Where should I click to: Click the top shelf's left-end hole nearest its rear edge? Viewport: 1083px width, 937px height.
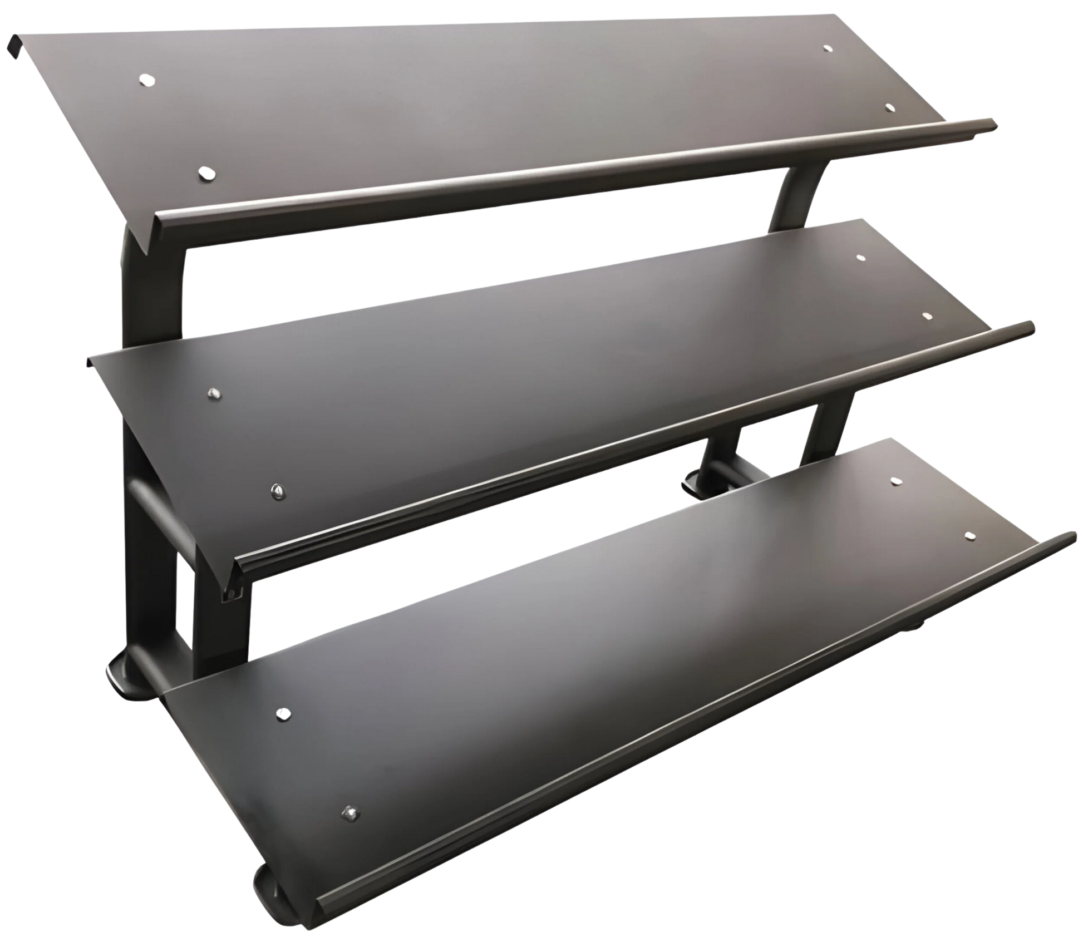(146, 80)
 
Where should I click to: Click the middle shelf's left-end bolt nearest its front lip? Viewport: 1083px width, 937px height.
(275, 490)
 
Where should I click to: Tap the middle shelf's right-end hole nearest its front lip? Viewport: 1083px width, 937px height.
(927, 316)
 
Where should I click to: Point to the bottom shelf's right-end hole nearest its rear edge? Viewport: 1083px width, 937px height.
(894, 480)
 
